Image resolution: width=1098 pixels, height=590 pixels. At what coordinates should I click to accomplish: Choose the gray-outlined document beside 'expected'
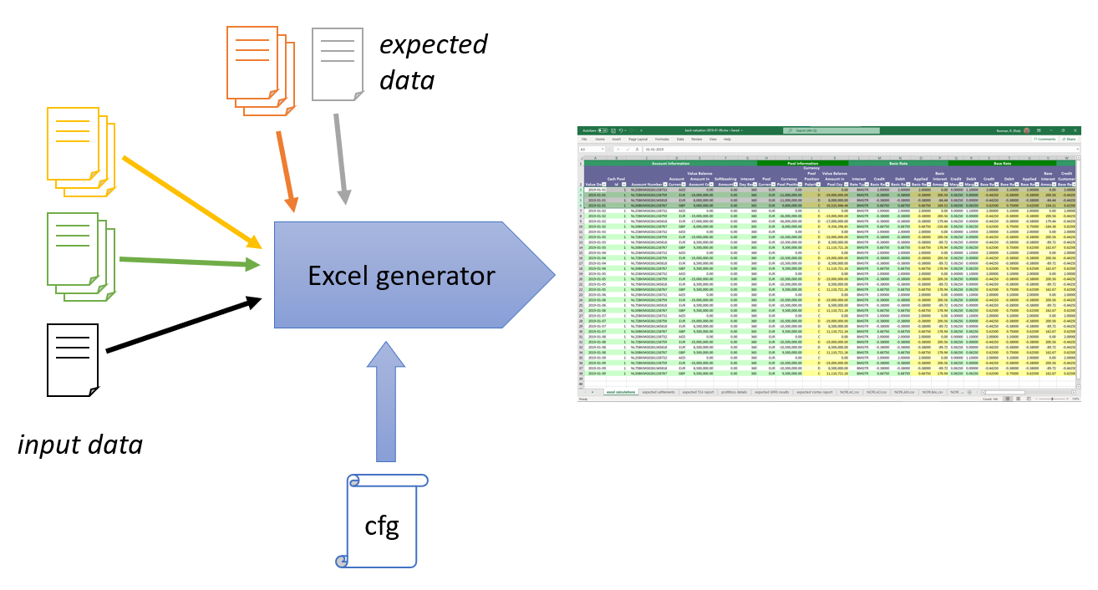[x=338, y=64]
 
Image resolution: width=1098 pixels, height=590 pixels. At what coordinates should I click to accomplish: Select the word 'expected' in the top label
[x=433, y=44]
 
